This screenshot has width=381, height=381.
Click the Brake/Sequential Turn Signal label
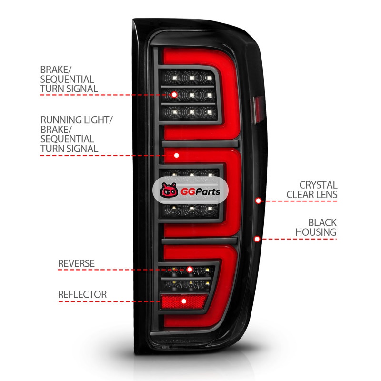click(69, 79)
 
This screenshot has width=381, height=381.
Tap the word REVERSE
click(76, 263)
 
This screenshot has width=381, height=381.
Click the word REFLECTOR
click(82, 294)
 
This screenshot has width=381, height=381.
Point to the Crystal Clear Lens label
click(318, 190)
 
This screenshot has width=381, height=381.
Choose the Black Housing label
click(322, 227)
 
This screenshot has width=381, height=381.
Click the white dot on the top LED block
click(174, 95)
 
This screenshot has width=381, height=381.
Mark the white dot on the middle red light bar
click(177, 155)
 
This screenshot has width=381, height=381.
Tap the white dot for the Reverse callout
click(190, 270)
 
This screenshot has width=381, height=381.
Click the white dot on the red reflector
click(184, 301)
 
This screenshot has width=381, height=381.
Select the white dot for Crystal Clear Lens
click(258, 201)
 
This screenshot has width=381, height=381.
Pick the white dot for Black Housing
click(257, 238)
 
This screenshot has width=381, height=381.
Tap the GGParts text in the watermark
click(196, 192)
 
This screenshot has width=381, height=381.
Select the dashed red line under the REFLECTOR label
click(110, 301)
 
